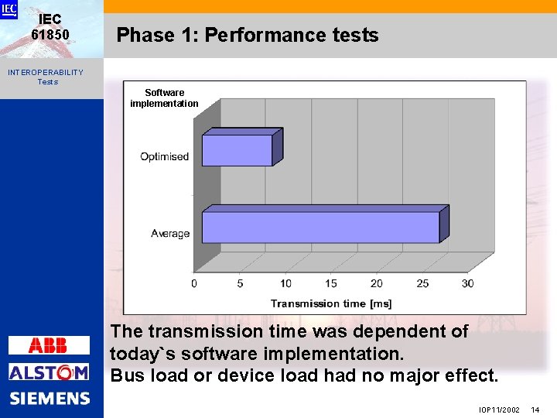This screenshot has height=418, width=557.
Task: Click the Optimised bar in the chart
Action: click(x=237, y=150)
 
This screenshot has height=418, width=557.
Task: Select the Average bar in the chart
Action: click(x=320, y=228)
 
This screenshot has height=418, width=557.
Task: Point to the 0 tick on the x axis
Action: click(x=194, y=284)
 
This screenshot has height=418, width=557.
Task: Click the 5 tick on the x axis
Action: click(x=240, y=284)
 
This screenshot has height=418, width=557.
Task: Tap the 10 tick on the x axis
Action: click(x=285, y=284)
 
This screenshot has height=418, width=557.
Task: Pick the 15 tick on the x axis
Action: click(x=331, y=284)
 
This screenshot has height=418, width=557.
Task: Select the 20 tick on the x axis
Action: click(x=377, y=284)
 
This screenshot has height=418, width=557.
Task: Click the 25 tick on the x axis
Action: click(x=422, y=284)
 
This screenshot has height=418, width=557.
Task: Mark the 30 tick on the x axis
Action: click(x=467, y=284)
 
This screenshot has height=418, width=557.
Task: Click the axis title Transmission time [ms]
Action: click(x=331, y=303)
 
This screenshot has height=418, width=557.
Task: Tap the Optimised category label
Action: click(x=164, y=156)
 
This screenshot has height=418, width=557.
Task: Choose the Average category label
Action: click(x=170, y=233)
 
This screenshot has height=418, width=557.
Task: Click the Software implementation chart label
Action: click(x=164, y=98)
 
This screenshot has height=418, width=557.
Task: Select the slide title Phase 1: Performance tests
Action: click(x=248, y=35)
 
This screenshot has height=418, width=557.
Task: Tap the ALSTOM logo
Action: click(x=49, y=372)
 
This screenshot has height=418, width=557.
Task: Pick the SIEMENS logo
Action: click(x=50, y=399)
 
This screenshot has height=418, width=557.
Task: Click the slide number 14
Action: click(x=535, y=409)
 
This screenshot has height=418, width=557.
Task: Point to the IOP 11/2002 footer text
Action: click(x=499, y=409)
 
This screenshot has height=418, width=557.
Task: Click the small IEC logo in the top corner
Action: click(x=9, y=9)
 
